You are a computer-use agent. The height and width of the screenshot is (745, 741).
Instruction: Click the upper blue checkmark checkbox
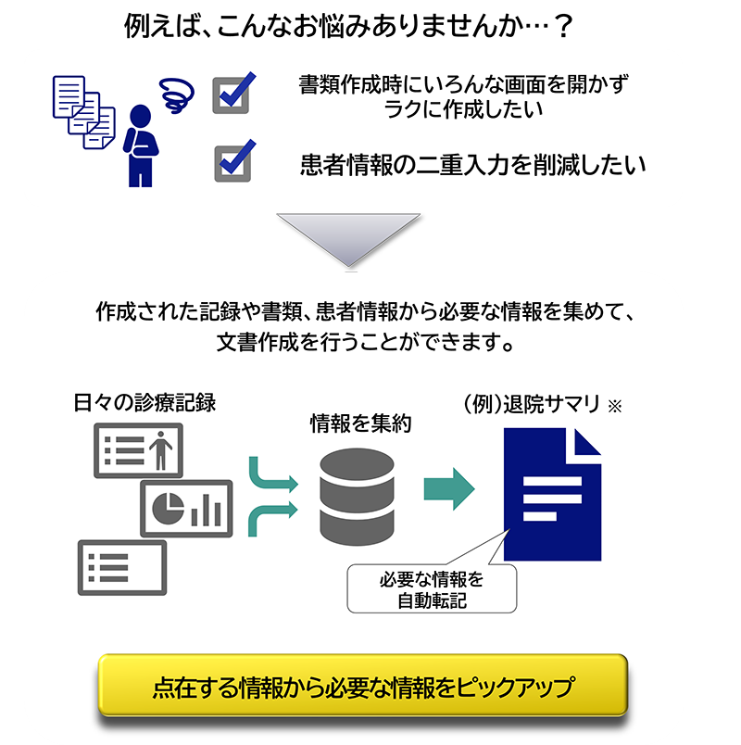coord(233,93)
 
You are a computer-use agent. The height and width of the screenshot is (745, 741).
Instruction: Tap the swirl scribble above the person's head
coord(177,95)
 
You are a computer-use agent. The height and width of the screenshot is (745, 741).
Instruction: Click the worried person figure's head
coord(141,116)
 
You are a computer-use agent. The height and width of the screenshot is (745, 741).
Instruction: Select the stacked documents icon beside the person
coord(83,112)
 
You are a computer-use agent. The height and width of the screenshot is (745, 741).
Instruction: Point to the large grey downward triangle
coord(348,239)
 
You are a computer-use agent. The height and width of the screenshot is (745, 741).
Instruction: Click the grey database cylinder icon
coord(358,497)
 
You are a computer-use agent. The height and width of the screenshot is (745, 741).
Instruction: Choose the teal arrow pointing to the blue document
coord(449,489)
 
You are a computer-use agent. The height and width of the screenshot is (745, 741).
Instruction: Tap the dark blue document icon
coord(552,494)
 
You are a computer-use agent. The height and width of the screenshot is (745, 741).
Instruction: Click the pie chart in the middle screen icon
coord(168,509)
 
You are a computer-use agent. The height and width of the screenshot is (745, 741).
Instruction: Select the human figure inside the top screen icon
coord(161,450)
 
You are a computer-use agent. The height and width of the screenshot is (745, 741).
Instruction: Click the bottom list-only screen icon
coord(122,567)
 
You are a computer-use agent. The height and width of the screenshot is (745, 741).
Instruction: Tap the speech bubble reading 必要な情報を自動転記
coord(432,588)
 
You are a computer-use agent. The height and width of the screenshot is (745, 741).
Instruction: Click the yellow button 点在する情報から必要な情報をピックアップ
coord(363,686)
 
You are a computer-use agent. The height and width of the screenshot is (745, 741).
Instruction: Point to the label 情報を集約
coord(360,423)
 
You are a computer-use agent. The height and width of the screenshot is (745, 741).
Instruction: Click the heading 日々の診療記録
coord(144,402)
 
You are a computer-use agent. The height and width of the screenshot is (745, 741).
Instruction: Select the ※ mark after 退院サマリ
coord(615,406)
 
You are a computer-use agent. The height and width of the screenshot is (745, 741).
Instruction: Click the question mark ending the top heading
coord(563,26)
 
